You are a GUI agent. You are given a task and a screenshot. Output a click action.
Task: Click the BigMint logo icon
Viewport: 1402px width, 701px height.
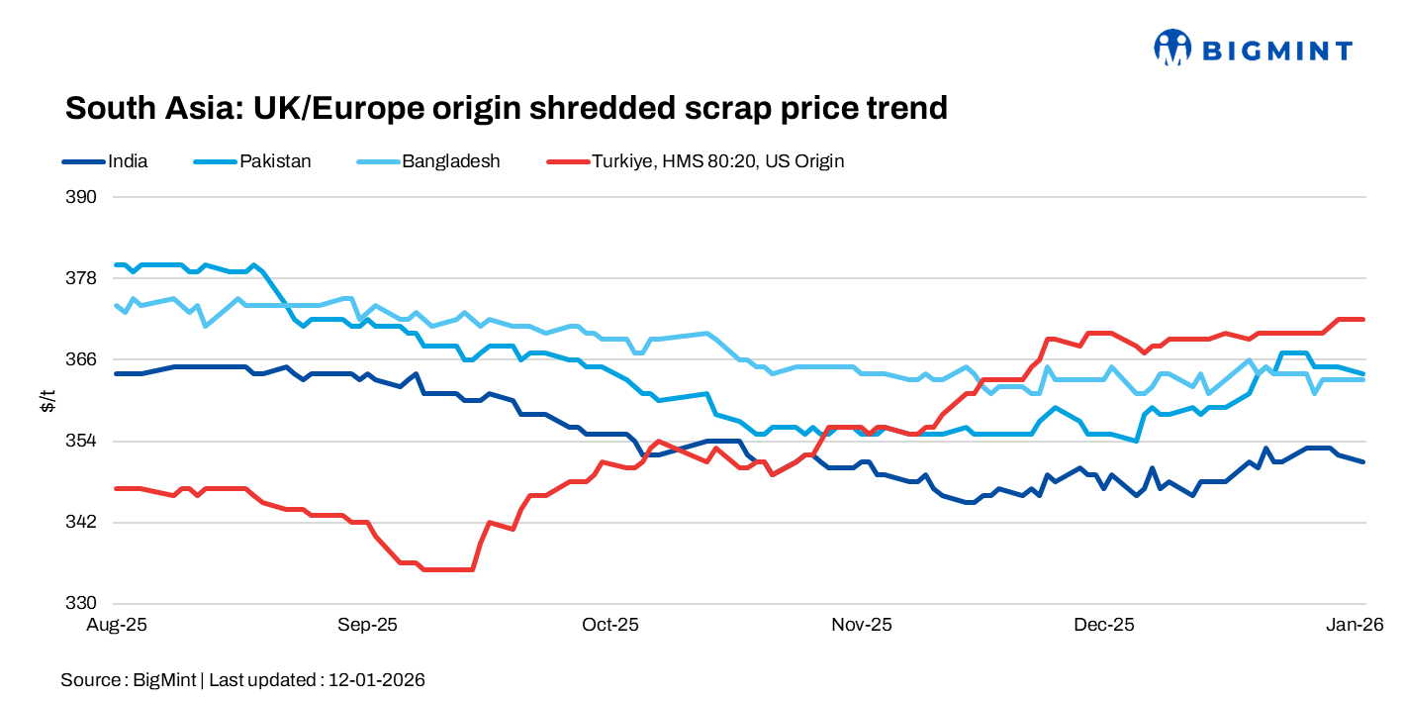pyautogui.click(x=1171, y=48)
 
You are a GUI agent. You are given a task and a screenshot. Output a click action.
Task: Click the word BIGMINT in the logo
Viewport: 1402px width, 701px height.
pyautogui.click(x=1276, y=50)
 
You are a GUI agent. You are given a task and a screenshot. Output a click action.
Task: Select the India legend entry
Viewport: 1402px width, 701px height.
pyautogui.click(x=128, y=161)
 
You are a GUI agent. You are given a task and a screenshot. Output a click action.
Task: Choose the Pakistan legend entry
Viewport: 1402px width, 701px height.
pyautogui.click(x=275, y=161)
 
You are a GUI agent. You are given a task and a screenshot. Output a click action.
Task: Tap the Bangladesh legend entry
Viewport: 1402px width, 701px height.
pyautogui.click(x=450, y=161)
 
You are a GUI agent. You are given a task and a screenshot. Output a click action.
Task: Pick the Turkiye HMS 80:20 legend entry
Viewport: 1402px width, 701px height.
pyautogui.click(x=717, y=161)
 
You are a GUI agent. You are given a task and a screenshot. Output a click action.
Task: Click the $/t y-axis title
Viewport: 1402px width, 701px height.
pyautogui.click(x=47, y=400)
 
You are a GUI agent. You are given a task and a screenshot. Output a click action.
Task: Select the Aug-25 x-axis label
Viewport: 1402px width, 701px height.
pyautogui.click(x=117, y=626)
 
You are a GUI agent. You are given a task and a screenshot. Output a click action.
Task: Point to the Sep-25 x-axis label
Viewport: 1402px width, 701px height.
pyautogui.click(x=367, y=626)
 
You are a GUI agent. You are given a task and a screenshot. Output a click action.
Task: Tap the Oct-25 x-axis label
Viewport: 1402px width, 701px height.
pyautogui.click(x=610, y=626)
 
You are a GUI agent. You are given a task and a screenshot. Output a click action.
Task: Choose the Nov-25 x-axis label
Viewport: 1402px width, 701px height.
pyautogui.click(x=862, y=626)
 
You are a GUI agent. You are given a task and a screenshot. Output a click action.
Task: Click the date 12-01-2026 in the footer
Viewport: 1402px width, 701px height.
pyautogui.click(x=376, y=680)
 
